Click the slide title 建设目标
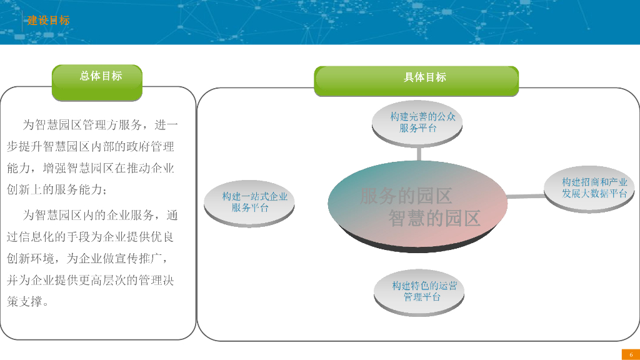pos(48,21)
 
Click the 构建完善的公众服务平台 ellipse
pos(417,122)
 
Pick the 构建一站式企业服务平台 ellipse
pos(249,202)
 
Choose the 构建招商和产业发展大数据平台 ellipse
pos(594,187)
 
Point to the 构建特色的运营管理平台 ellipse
pos(420,291)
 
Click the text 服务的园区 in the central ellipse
pos(406,196)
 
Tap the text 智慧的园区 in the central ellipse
pos(434,218)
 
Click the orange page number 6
pos(631,355)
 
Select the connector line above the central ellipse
pos(419,154)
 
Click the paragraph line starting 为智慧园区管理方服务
pos(100,125)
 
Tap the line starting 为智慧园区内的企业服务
pos(100,216)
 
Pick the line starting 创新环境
pos(87,258)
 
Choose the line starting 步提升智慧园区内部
pos(91,147)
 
